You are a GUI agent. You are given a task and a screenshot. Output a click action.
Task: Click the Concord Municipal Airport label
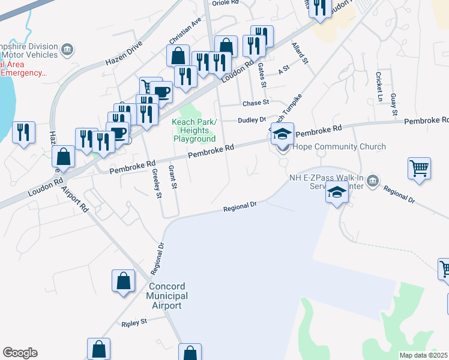(168, 296)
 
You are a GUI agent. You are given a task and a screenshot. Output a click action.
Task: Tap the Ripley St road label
(134, 323)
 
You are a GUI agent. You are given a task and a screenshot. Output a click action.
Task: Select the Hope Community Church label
(339, 146)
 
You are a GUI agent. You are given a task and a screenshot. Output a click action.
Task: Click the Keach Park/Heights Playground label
(194, 130)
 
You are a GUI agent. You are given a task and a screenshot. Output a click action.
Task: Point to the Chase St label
(256, 103)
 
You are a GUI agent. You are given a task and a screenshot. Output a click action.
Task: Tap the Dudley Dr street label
(252, 120)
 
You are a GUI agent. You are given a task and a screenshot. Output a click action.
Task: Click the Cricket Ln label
(379, 86)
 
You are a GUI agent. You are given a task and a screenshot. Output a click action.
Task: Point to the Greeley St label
(157, 184)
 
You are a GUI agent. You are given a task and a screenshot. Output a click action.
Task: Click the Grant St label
(173, 178)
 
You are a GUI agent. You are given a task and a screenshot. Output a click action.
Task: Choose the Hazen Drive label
(124, 53)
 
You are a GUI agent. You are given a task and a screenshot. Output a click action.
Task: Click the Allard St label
(299, 53)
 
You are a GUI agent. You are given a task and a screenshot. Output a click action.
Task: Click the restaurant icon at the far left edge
(23, 132)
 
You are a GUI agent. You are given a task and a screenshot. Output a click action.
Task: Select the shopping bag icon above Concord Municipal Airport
(123, 281)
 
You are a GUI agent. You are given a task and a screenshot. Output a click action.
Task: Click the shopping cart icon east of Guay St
(420, 167)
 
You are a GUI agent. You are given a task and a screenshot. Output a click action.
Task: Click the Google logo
(20, 353)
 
